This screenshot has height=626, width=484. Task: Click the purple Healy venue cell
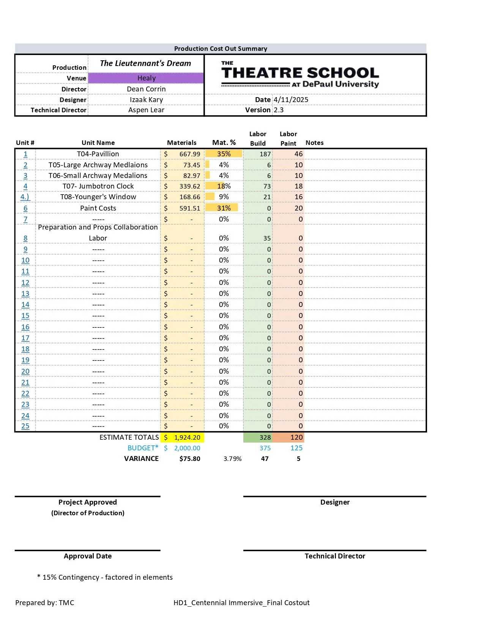tap(146, 78)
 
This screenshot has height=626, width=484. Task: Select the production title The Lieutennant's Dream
tap(145, 63)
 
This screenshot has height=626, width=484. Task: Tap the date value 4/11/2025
tap(291, 100)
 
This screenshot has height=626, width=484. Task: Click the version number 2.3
tap(279, 110)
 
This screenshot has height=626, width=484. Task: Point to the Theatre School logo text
tap(300, 73)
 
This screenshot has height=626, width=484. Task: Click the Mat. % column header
tap(224, 143)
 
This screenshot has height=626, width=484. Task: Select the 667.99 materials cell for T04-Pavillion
tap(189, 154)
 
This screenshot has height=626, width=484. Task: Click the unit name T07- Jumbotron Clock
tap(98, 186)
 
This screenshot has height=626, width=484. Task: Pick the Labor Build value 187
tap(265, 154)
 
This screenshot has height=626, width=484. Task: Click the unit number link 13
tap(25, 294)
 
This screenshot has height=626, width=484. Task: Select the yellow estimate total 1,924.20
tap(187, 437)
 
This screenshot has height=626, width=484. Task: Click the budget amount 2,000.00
tap(187, 448)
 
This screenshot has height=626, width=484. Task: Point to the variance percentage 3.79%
tap(232, 459)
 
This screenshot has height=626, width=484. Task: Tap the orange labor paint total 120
tap(296, 437)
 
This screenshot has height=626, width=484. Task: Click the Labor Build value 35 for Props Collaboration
tap(267, 238)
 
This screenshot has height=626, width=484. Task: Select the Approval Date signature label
tap(88, 556)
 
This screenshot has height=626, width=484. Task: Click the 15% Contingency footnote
tap(105, 577)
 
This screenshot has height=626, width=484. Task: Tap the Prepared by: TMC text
tap(45, 603)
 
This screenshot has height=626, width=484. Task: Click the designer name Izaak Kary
tap(146, 100)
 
